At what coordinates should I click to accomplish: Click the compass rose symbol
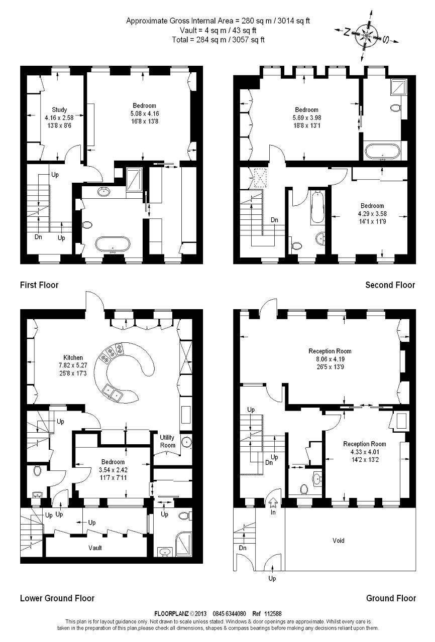click(x=367, y=35)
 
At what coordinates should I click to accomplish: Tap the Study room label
click(x=59, y=110)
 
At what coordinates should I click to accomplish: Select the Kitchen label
click(x=73, y=357)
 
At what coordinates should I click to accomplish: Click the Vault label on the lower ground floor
click(x=95, y=548)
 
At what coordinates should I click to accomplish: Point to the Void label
click(x=339, y=540)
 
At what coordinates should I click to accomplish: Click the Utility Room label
click(x=167, y=441)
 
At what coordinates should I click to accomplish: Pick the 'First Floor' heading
click(x=39, y=285)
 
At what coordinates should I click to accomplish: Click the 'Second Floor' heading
click(x=390, y=285)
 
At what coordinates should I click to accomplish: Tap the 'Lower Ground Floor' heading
click(x=57, y=598)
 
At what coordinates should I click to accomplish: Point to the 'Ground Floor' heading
click(x=391, y=598)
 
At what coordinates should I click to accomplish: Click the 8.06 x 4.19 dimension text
click(x=330, y=359)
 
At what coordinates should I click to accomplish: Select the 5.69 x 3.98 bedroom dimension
click(x=306, y=117)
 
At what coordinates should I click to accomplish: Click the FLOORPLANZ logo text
click(x=171, y=613)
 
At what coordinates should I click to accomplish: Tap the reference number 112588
click(x=273, y=613)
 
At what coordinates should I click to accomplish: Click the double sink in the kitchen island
click(x=113, y=392)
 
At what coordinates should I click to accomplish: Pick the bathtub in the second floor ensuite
click(x=383, y=151)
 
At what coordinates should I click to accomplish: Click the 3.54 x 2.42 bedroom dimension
click(x=113, y=470)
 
